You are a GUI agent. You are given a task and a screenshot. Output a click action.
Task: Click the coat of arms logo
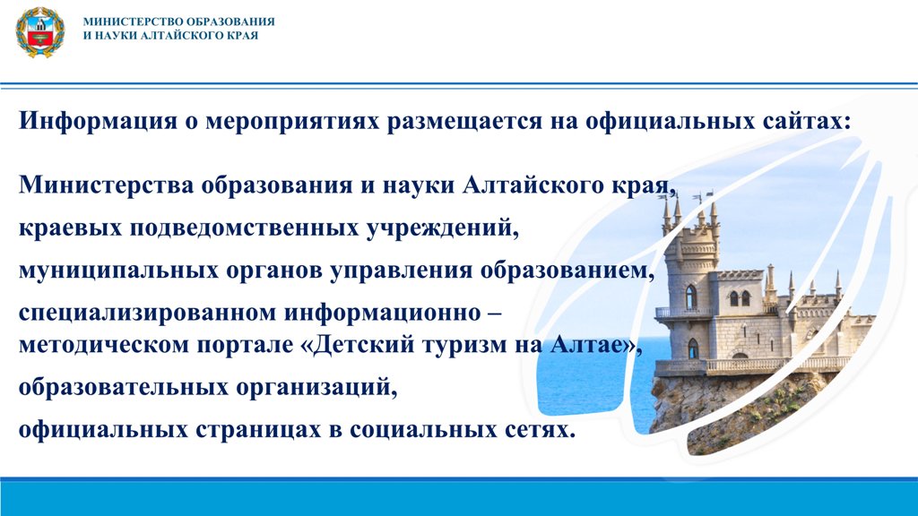[40, 32]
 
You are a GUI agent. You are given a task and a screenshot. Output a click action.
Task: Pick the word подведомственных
[245, 228]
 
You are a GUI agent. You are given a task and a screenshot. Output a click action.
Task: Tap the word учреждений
[443, 228]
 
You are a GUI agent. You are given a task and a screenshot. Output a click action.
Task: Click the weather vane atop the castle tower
[703, 195]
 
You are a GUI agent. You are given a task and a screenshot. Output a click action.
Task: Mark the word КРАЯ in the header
[241, 35]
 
